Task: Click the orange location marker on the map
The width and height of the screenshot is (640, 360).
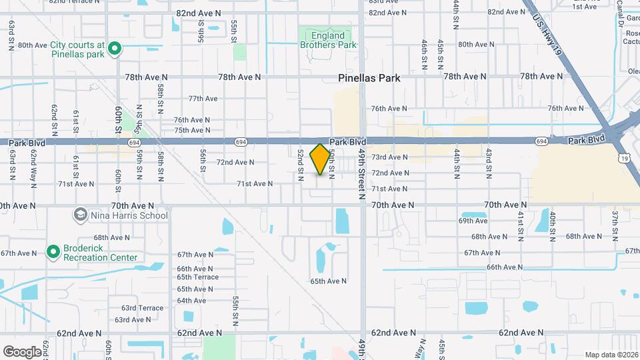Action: [321, 159]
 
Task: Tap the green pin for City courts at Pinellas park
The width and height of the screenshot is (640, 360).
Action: [114, 47]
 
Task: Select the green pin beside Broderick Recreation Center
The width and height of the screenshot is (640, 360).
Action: [53, 251]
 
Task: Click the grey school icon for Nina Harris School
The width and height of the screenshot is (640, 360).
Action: [80, 215]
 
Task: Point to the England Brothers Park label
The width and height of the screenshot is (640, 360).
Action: [327, 40]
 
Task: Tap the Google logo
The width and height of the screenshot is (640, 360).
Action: [22, 351]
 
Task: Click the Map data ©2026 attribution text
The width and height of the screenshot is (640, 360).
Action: [611, 355]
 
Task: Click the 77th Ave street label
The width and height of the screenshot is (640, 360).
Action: [203, 99]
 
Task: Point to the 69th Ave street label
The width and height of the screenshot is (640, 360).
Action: [473, 221]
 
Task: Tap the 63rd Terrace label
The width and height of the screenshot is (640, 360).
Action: [142, 308]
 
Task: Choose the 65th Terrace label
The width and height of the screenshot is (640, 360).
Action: [197, 277]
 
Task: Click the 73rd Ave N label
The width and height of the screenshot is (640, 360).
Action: [389, 157]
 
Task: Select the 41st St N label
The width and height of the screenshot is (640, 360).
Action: [521, 227]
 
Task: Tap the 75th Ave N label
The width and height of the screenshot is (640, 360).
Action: [192, 130]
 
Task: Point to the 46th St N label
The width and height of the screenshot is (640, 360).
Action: [424, 55]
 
